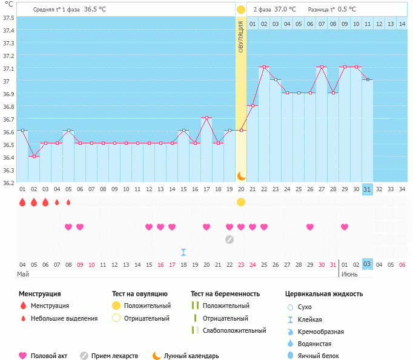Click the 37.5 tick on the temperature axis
point(7,18)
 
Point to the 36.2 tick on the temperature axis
point(7,183)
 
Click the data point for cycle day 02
point(34,156)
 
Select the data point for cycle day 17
point(206,118)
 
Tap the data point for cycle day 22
point(264,67)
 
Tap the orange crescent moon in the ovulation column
point(241,175)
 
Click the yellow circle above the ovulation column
point(241,10)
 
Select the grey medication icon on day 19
point(230,239)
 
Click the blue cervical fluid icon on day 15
point(183,252)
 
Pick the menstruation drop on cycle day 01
point(22,202)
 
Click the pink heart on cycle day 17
point(206,227)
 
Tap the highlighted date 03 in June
point(367,264)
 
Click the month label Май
point(23,274)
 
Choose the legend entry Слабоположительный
point(234,330)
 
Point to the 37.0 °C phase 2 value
point(285,10)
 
